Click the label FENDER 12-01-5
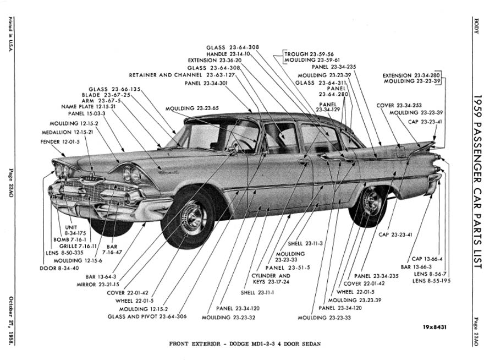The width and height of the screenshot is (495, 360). [x=60, y=142]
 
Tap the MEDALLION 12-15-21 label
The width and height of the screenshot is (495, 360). [x=67, y=133]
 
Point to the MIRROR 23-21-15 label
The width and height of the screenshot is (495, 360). [x=98, y=285]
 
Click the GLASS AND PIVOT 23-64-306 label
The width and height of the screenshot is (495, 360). [x=147, y=317]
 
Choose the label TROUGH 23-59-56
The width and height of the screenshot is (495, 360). [x=309, y=54]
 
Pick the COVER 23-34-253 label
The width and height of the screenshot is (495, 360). [x=399, y=105]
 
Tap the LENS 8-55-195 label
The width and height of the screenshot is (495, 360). [x=432, y=281]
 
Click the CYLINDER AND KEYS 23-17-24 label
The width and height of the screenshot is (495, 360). [x=271, y=279]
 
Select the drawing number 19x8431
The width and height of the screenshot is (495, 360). [x=435, y=327]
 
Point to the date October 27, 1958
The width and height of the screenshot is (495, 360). [x=11, y=321]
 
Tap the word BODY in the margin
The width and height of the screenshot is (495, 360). [x=476, y=26]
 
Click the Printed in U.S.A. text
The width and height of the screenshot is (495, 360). [x=10, y=35]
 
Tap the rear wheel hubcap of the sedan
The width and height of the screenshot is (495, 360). [x=371, y=201]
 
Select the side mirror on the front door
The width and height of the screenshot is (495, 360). [x=234, y=148]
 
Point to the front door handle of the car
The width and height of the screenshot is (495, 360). [x=303, y=161]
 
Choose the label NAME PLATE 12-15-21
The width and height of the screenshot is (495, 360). [x=89, y=107]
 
